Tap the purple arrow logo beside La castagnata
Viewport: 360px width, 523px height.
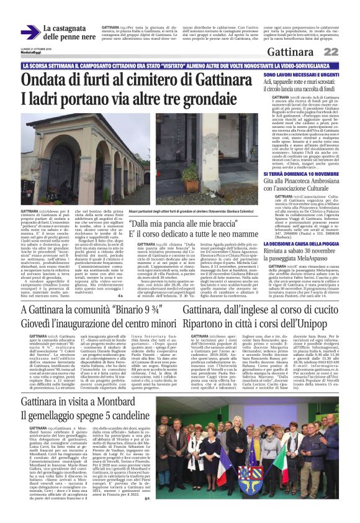(30, 32)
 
